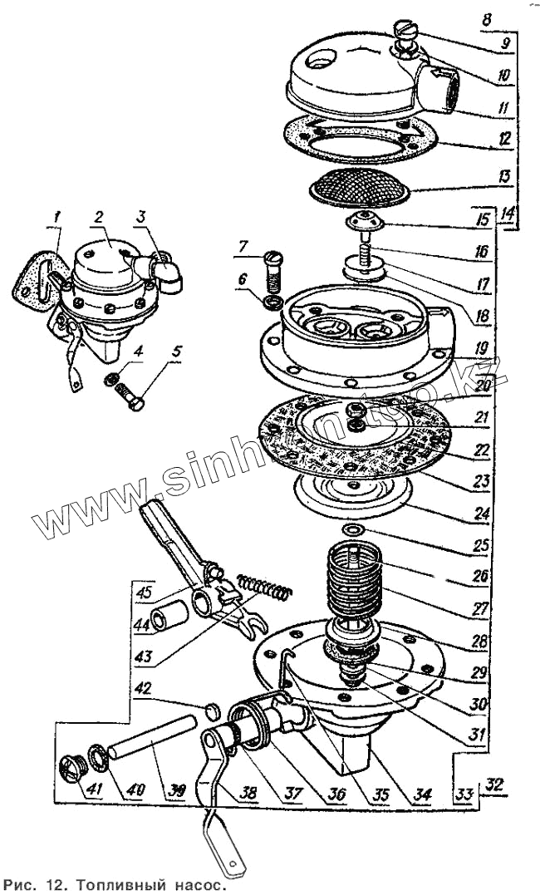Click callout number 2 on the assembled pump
[98, 218]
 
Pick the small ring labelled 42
[212, 708]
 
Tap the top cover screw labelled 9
[406, 37]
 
